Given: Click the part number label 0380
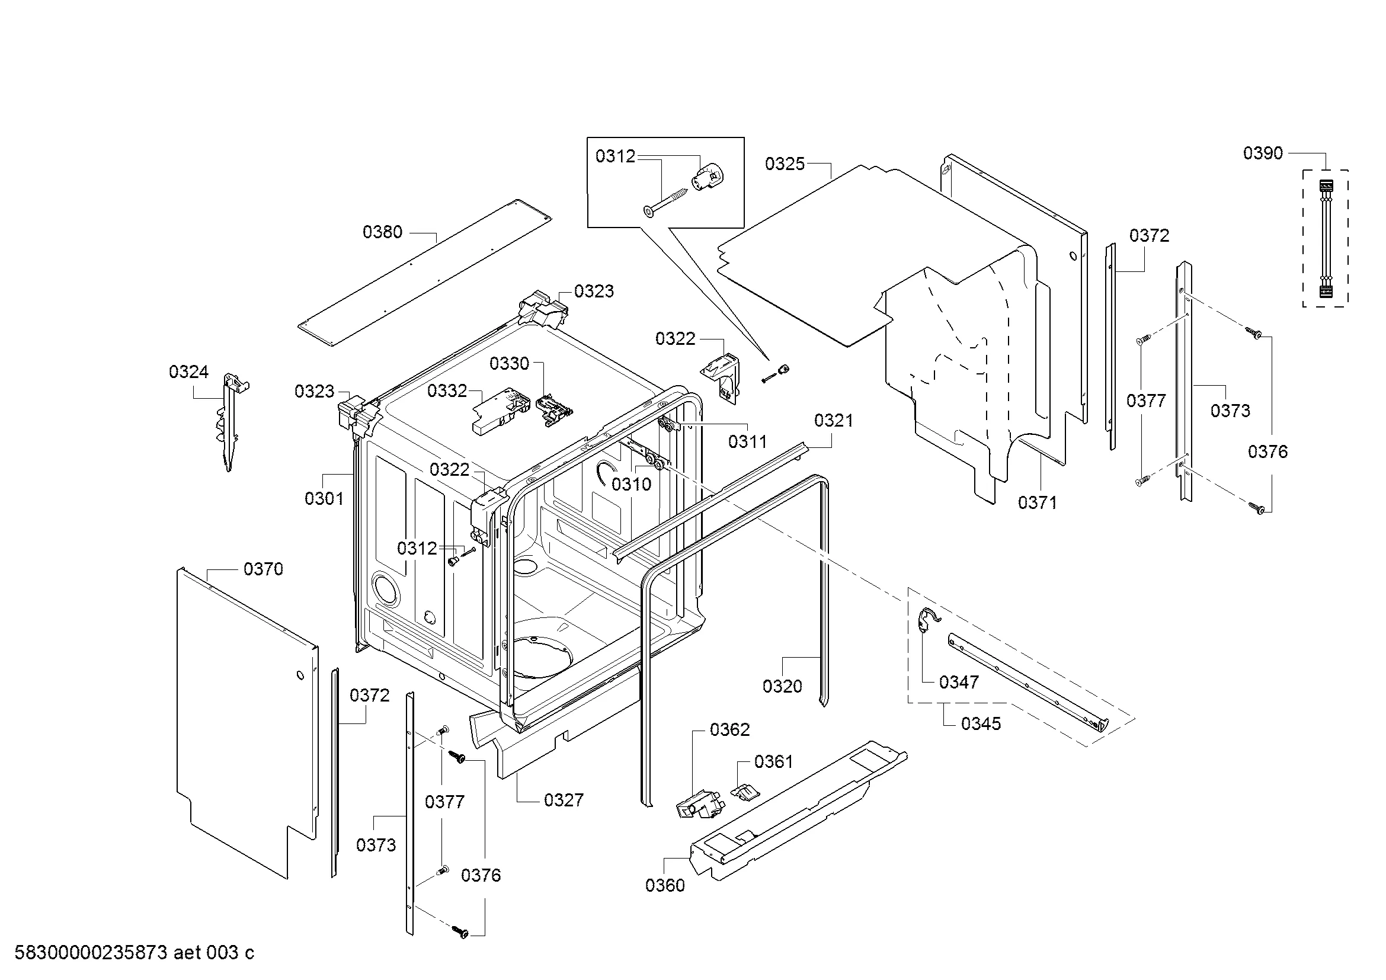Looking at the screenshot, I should (x=382, y=232).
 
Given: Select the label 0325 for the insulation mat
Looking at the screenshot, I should (x=785, y=164).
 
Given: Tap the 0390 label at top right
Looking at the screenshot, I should (x=1263, y=153).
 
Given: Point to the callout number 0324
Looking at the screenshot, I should (x=188, y=372).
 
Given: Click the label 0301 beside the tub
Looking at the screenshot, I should (x=324, y=498).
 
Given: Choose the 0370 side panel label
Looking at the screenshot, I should (x=263, y=569).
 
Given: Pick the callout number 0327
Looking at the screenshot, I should (x=564, y=800).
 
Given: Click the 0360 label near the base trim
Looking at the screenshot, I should (x=665, y=885).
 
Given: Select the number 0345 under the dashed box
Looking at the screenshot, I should (x=981, y=723).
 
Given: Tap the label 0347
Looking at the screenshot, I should (x=959, y=683).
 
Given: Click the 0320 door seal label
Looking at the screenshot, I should (x=782, y=686).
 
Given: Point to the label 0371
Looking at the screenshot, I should (x=1038, y=502).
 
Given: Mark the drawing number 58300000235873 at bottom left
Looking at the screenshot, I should (x=91, y=953).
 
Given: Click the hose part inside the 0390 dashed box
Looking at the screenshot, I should (x=1325, y=238).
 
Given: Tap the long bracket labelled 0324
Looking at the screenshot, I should (x=229, y=422).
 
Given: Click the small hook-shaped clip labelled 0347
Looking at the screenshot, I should (x=926, y=621).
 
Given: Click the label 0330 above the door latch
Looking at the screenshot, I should (x=510, y=364).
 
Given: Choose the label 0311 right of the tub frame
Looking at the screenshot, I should (x=747, y=442).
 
